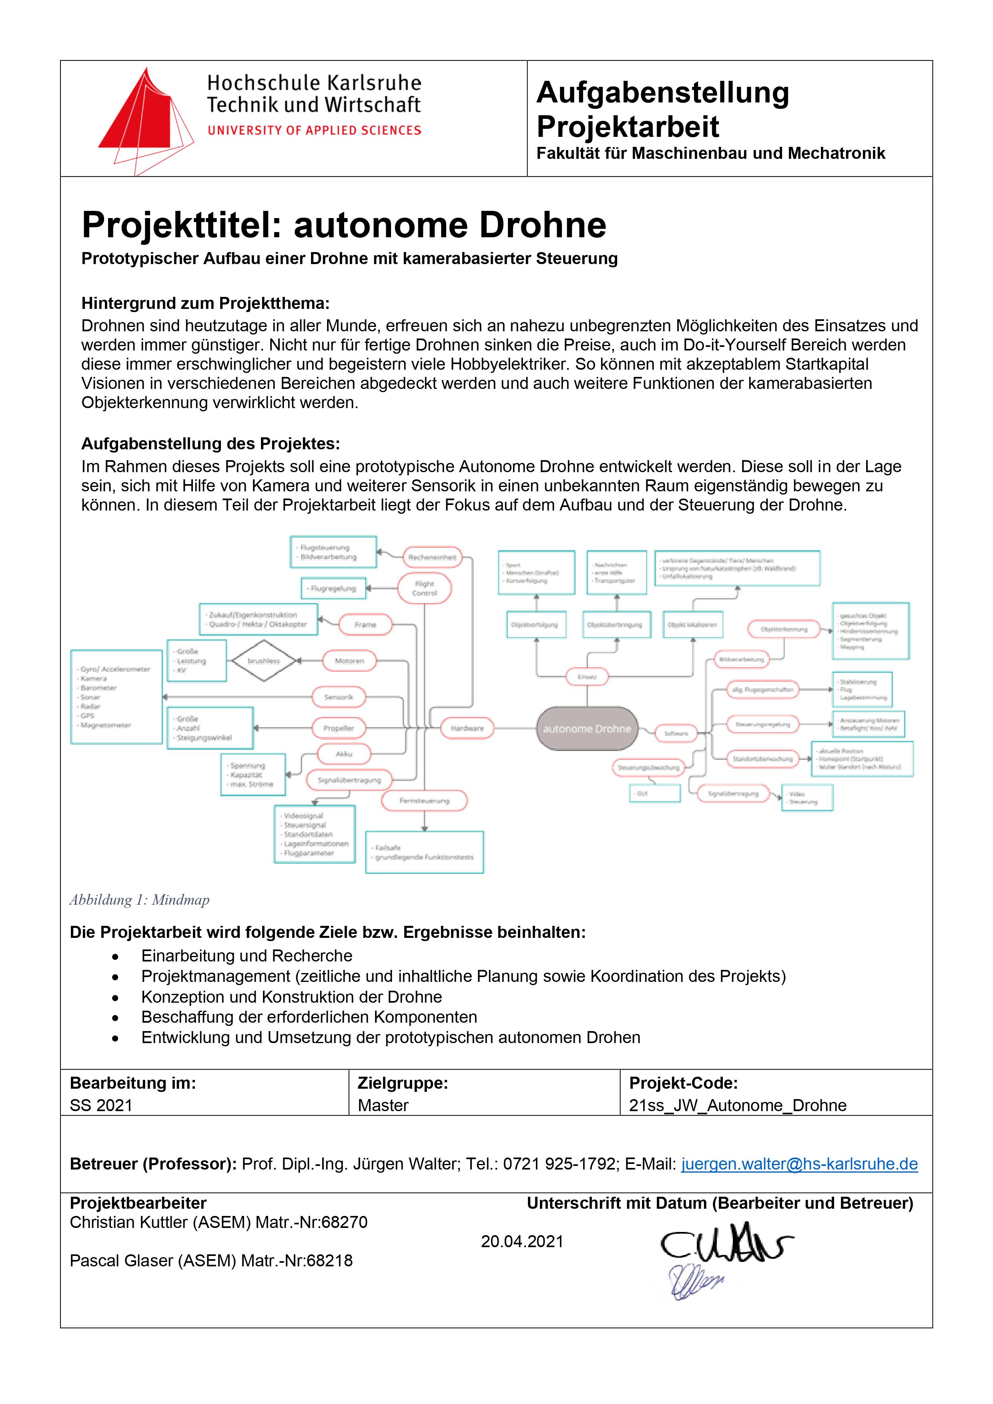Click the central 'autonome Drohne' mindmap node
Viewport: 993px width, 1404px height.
(587, 728)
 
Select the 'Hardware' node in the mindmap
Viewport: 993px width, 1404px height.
(467, 728)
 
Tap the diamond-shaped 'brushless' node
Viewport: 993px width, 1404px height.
(264, 661)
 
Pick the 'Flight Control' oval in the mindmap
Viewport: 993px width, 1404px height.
(425, 588)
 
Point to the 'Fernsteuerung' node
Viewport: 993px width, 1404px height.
(425, 801)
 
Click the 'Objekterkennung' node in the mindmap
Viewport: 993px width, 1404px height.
(784, 629)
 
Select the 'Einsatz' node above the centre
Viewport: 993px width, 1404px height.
(588, 677)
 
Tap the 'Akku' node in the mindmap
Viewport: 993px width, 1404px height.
(344, 754)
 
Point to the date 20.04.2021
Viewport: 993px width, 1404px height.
(522, 1241)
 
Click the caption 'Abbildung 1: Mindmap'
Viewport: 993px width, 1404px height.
(140, 899)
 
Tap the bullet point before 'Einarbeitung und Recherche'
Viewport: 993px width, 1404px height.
(115, 956)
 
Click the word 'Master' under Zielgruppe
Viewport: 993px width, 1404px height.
(383, 1105)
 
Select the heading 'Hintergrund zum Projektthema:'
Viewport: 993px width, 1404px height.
(206, 303)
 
